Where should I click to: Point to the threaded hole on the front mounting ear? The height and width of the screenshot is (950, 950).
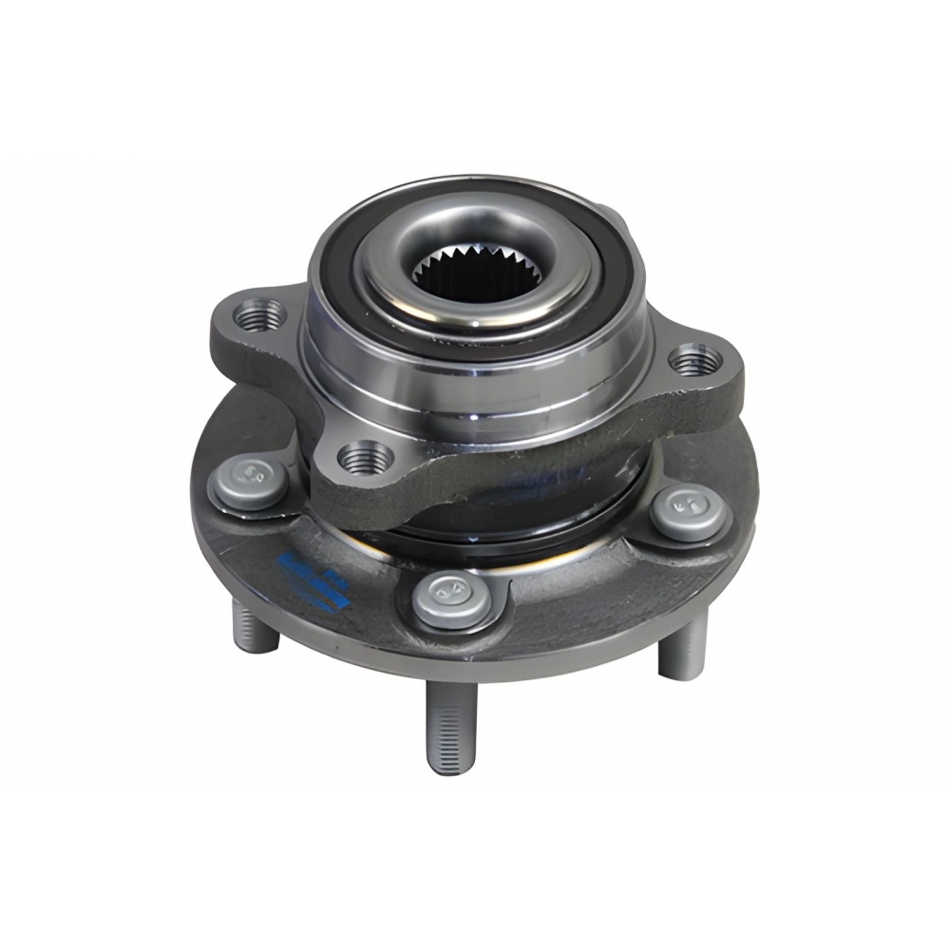(366, 459)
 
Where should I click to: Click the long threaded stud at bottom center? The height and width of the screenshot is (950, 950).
(446, 727)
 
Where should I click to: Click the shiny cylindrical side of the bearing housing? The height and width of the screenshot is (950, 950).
(475, 380)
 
